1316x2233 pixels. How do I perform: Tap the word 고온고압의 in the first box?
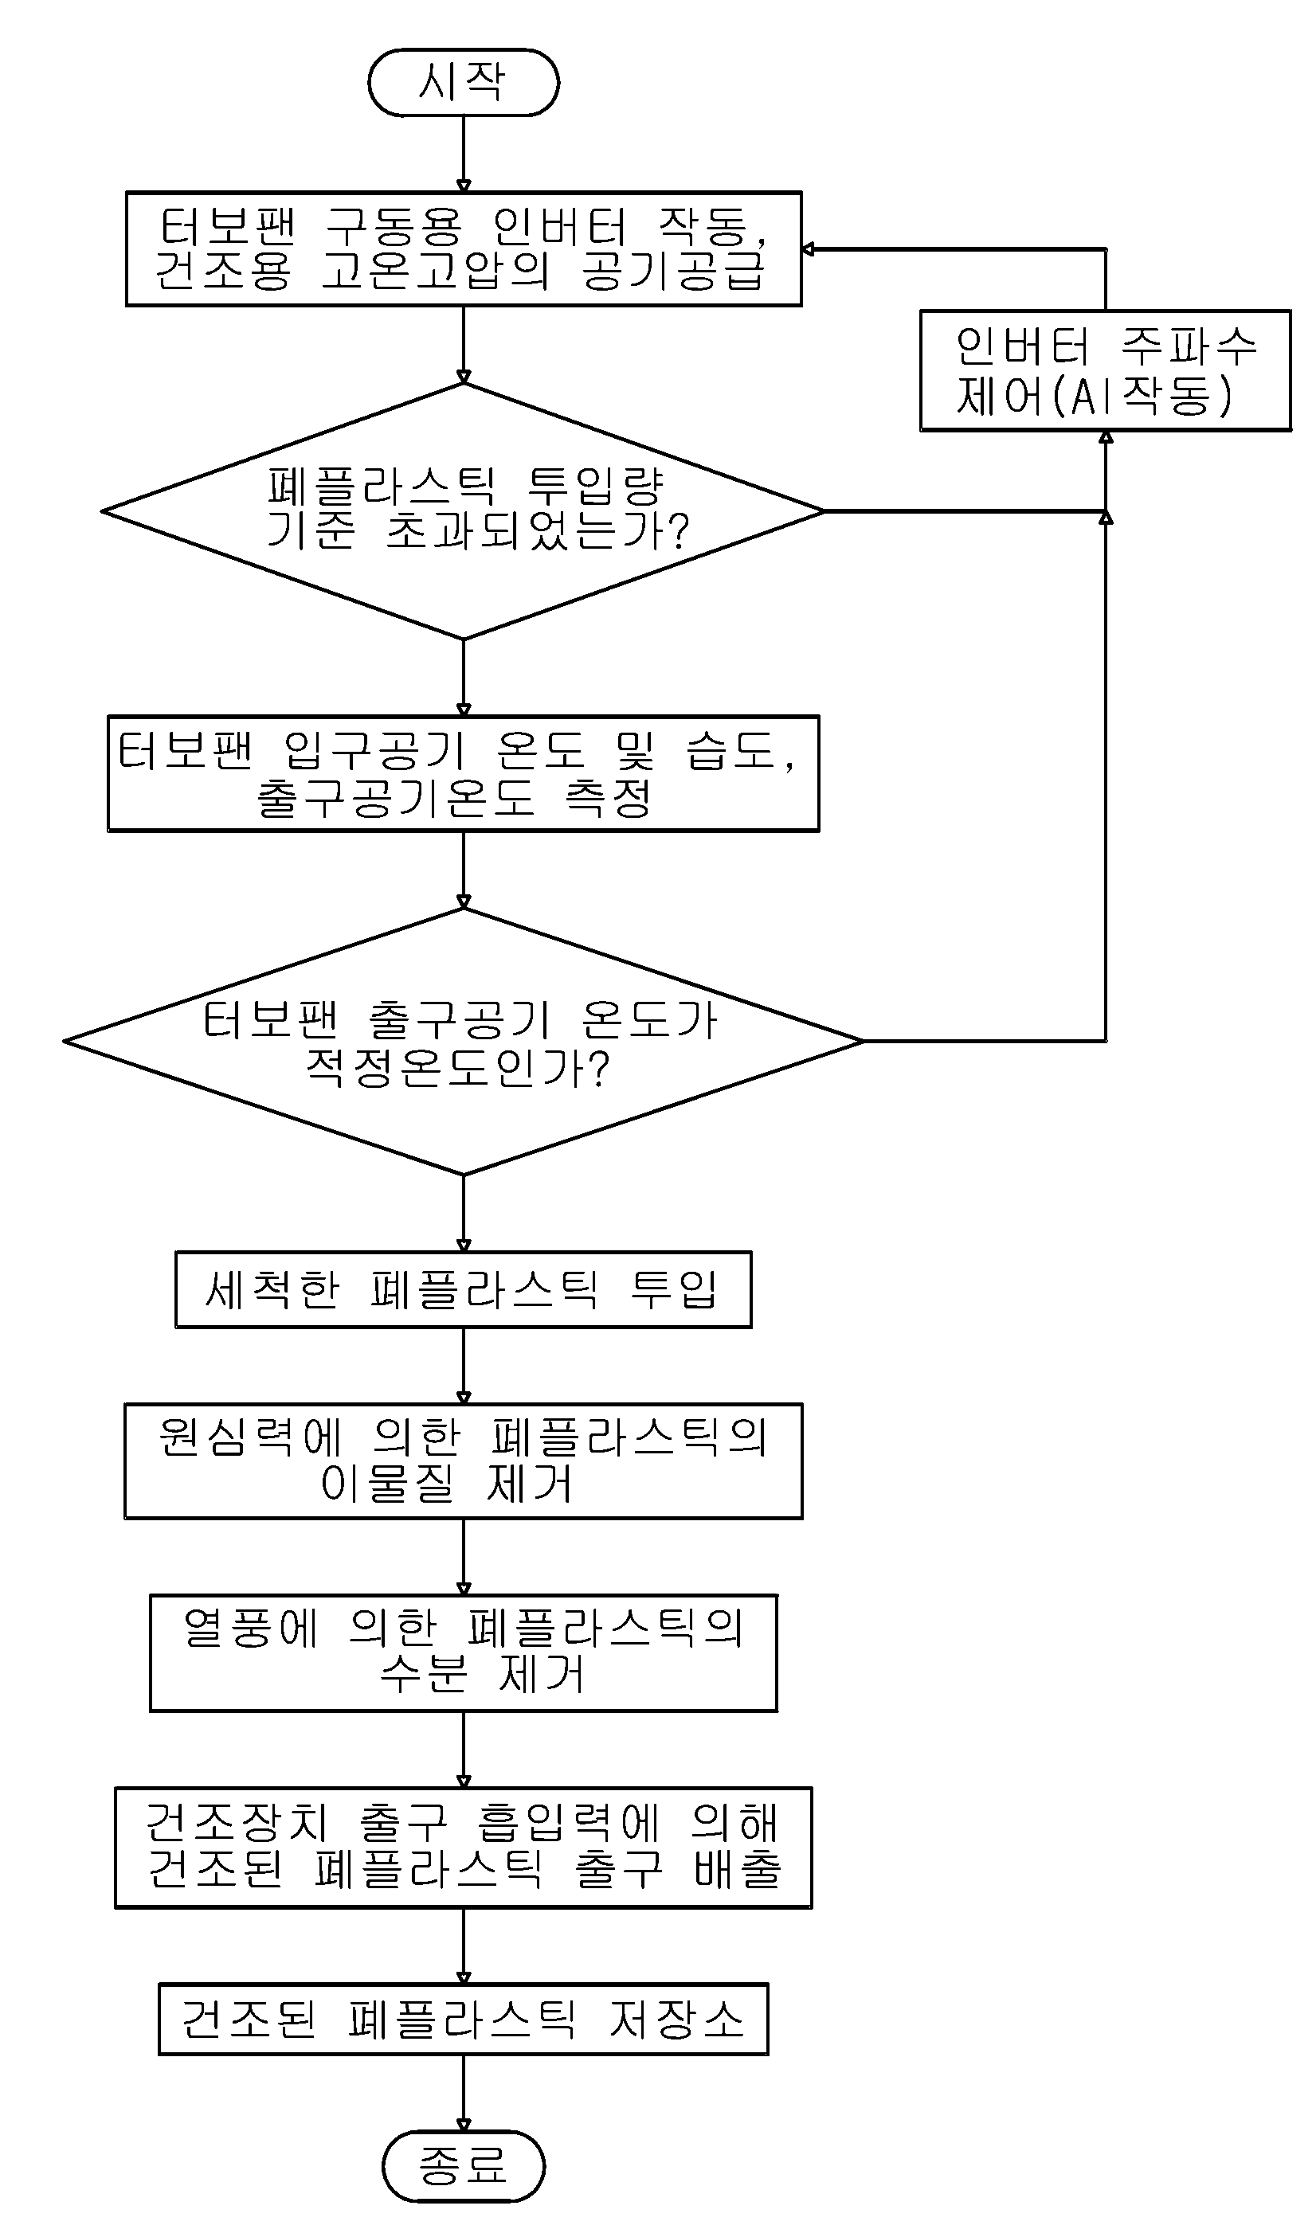click(434, 271)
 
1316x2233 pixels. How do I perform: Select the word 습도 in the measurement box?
click(733, 751)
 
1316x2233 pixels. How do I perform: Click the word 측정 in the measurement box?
click(609, 798)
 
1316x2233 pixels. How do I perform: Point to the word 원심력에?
click(250, 1438)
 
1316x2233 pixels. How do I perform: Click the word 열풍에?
click(250, 1629)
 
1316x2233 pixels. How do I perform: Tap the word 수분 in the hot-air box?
click(424, 1675)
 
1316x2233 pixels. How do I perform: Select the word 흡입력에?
click(569, 1824)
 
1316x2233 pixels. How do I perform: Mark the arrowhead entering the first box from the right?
click(808, 249)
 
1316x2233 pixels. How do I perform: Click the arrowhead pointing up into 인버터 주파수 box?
click(1106, 438)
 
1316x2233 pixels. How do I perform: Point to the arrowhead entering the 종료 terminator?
click(464, 2125)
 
